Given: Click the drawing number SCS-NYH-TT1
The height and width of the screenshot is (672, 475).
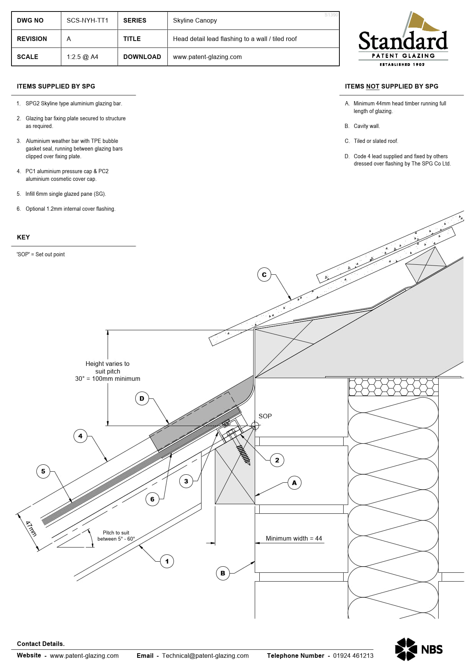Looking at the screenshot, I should (x=87, y=21).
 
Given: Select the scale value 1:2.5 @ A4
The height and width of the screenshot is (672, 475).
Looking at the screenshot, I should (x=82, y=57).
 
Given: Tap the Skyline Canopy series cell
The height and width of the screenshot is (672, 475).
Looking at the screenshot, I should (x=195, y=21).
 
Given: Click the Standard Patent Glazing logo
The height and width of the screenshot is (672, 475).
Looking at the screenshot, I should (x=403, y=40).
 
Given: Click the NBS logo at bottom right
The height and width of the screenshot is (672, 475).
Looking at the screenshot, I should (x=419, y=649).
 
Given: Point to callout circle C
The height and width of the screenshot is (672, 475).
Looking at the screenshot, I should (x=264, y=275).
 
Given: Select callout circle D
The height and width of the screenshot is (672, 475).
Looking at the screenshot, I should (x=142, y=398).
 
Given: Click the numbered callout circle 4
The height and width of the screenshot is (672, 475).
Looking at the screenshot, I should (x=80, y=436).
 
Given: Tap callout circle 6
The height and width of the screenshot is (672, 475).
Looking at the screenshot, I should (x=152, y=499).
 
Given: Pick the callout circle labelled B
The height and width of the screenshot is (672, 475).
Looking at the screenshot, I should (x=223, y=573).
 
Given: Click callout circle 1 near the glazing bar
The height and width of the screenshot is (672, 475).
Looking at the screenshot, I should (x=167, y=561).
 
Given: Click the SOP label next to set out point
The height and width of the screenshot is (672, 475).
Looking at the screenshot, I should (x=265, y=416).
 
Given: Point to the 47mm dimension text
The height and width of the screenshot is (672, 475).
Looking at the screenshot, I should (x=31, y=528).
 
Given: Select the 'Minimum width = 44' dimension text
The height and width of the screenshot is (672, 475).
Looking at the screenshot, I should (x=294, y=538).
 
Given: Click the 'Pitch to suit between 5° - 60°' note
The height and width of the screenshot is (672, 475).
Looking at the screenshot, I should (x=116, y=536).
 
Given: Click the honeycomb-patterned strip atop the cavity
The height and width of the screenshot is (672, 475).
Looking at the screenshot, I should (x=393, y=387).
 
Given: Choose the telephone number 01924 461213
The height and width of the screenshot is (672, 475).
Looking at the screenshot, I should (x=353, y=656).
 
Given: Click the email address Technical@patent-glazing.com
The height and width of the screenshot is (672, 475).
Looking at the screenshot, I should (x=205, y=656).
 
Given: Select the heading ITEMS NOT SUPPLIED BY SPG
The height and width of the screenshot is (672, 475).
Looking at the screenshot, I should (x=391, y=87).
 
